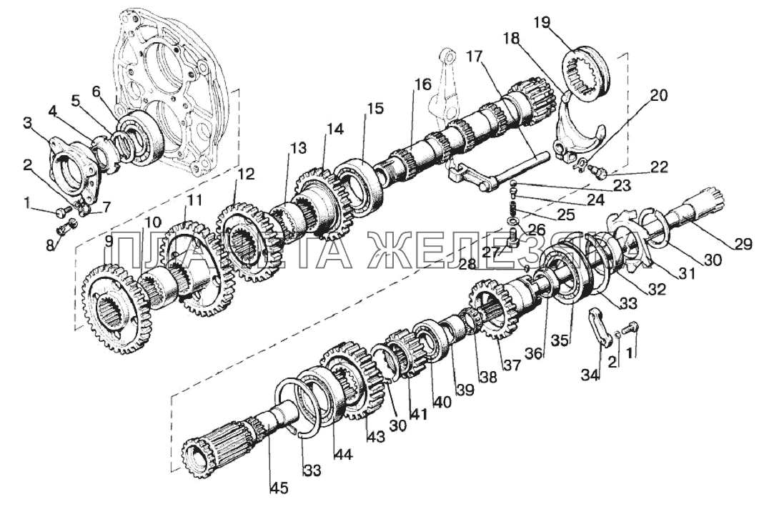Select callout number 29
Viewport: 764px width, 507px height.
[743, 244]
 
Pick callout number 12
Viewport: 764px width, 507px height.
[246, 173]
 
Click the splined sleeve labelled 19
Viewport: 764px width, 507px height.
[590, 72]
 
